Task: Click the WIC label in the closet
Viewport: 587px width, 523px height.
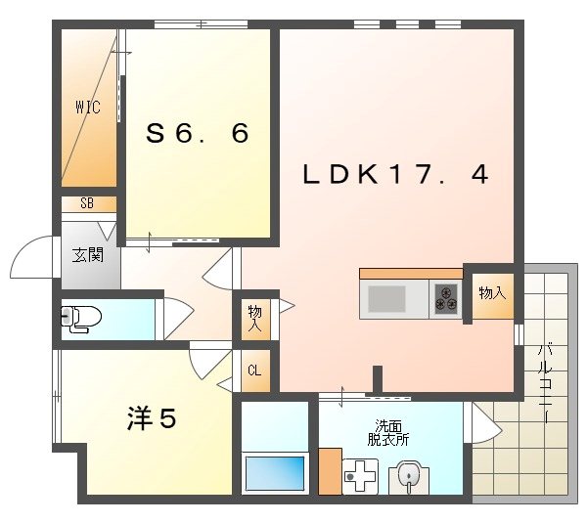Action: pyautogui.click(x=87, y=108)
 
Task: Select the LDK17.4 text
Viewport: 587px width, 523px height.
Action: pyautogui.click(x=394, y=175)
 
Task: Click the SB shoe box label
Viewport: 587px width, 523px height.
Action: pyautogui.click(x=87, y=204)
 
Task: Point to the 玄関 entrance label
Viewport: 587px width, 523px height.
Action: pyautogui.click(x=87, y=255)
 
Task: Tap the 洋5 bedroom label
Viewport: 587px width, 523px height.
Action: pyautogui.click(x=152, y=418)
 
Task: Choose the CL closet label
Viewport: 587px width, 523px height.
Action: pyautogui.click(x=254, y=370)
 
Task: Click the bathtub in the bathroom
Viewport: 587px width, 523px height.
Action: pyautogui.click(x=275, y=474)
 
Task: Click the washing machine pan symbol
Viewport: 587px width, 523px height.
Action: pyautogui.click(x=360, y=478)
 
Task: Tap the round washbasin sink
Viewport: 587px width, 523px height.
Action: pyautogui.click(x=409, y=476)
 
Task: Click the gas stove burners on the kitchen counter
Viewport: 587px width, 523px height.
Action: pyautogui.click(x=446, y=296)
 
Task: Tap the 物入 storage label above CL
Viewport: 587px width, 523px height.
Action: pyautogui.click(x=254, y=317)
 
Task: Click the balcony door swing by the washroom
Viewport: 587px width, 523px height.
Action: pyautogui.click(x=485, y=422)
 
